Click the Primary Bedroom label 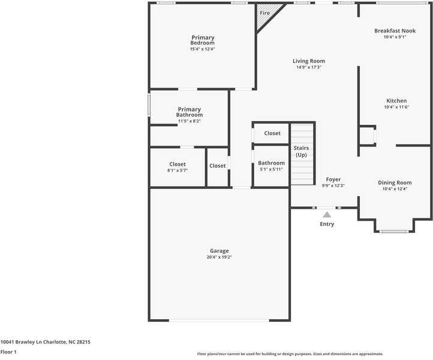(x=203, y=40)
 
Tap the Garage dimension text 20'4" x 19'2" (x=219, y=257)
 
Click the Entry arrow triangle (x=327, y=214)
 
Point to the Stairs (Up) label (x=301, y=151)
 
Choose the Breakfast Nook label (x=395, y=31)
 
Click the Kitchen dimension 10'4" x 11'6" (x=396, y=107)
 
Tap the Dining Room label (x=395, y=182)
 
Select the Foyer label (x=333, y=179)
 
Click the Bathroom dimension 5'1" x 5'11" (x=271, y=169)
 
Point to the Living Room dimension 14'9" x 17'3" (x=309, y=67)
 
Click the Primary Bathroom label (x=189, y=112)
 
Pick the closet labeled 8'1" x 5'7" (x=178, y=167)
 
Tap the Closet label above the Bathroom (x=272, y=133)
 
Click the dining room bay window (x=395, y=231)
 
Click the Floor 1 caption (x=8, y=352)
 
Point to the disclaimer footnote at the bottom (x=290, y=354)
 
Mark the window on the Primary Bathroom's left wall (x=149, y=104)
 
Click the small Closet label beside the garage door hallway (x=218, y=166)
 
